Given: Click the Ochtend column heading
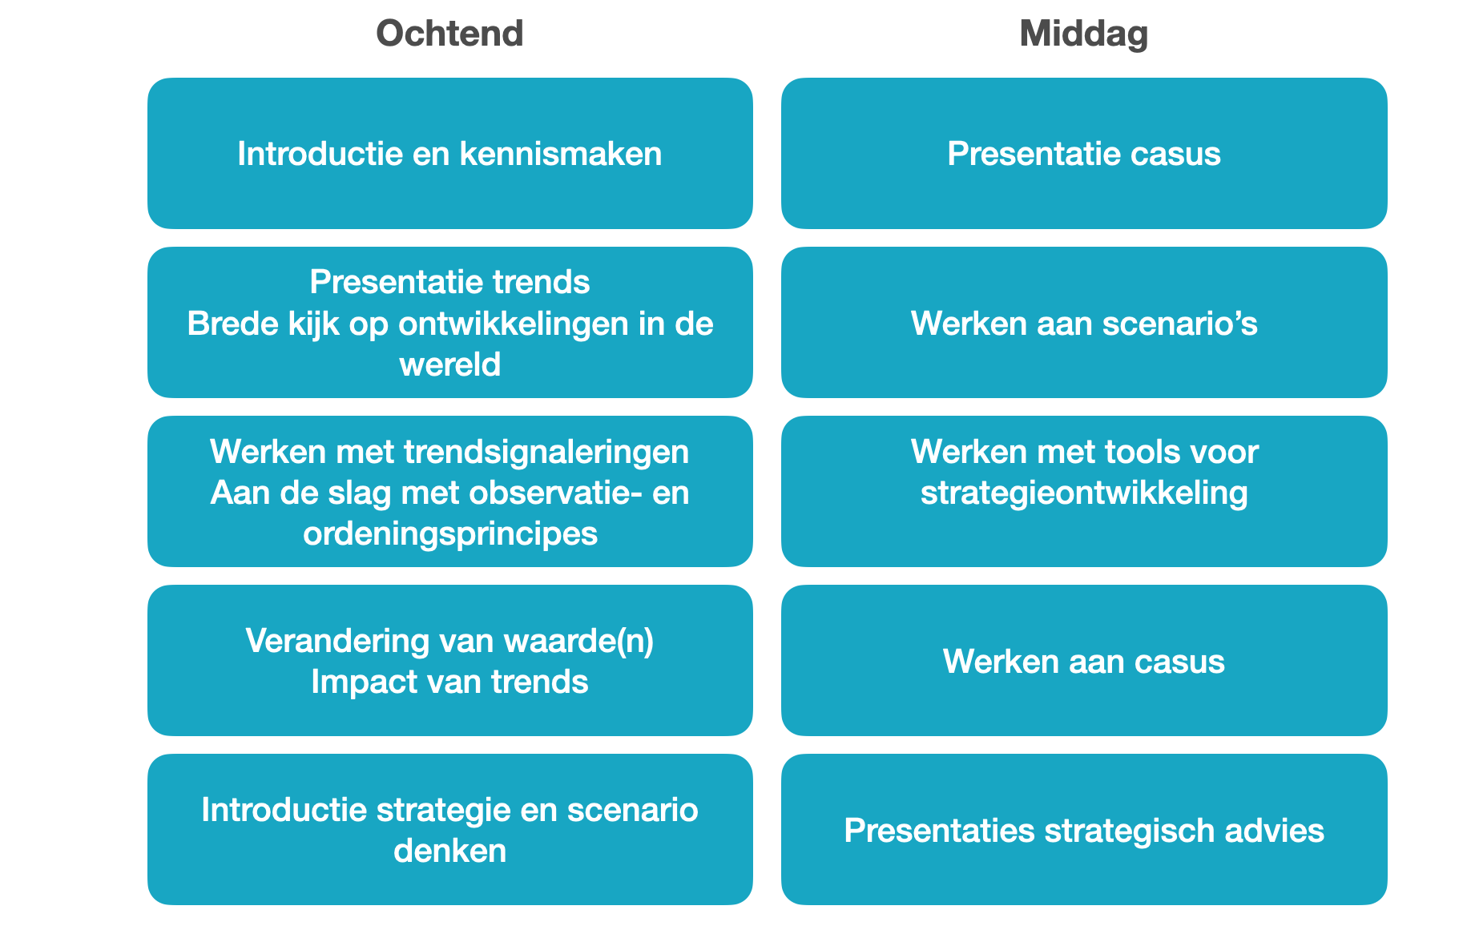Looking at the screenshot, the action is [449, 34].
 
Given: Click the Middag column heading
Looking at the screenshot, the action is [1084, 34].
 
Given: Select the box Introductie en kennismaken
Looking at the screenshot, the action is [450, 153].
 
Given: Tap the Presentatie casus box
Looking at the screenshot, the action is [1084, 153].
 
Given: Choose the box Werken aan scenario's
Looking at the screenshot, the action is [1084, 322].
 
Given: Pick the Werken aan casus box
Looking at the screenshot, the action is [1084, 660].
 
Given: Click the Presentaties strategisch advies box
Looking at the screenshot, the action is [1084, 829].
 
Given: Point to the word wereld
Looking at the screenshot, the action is [450, 364].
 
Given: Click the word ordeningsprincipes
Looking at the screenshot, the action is [450, 534].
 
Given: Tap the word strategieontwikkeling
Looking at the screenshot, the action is [1084, 493].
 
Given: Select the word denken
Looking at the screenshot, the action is [450, 851].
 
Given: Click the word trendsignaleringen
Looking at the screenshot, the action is [546, 453].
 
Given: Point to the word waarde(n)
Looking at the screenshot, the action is [578, 641].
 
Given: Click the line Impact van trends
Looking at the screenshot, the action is [450, 682].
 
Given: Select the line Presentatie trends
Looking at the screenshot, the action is [450, 282].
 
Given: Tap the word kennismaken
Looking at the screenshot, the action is [561, 153].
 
